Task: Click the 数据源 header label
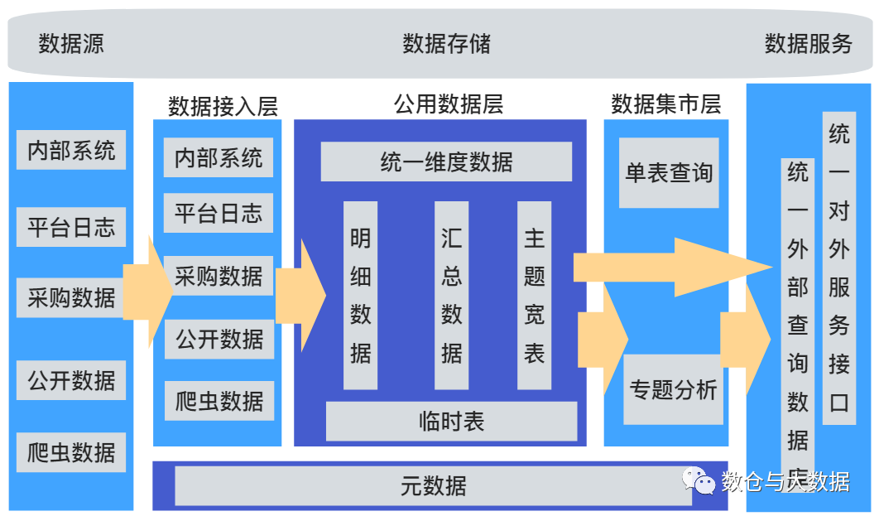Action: (x=71, y=44)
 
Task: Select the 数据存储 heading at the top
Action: (x=446, y=44)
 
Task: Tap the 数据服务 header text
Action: (x=808, y=44)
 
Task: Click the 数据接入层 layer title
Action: (x=223, y=106)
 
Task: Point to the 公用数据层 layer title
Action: (x=448, y=104)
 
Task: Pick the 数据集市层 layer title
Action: (x=665, y=104)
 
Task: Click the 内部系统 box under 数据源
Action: (x=71, y=151)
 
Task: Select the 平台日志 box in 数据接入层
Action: (x=219, y=214)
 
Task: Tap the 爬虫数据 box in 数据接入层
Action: (x=219, y=402)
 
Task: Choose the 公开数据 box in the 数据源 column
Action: (x=71, y=381)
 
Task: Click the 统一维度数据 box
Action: (x=446, y=162)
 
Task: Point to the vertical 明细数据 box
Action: (x=360, y=295)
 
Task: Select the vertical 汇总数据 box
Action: (x=451, y=295)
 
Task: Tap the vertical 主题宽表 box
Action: (x=534, y=295)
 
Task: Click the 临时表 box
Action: (x=451, y=422)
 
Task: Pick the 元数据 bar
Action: (x=433, y=485)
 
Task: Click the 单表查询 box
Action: (x=669, y=173)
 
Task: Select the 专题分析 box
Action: (x=672, y=389)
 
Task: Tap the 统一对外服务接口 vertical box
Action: (x=839, y=268)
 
